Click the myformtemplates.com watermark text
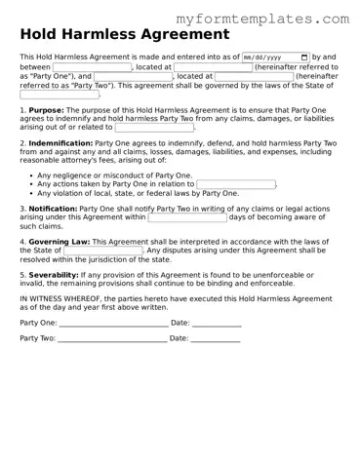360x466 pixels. coord(261,19)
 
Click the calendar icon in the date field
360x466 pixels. coord(304,58)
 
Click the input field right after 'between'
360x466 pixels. coord(92,67)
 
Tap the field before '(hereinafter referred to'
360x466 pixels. coord(213,67)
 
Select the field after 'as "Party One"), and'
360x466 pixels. coord(134,76)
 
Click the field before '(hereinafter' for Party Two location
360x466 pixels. coord(254,76)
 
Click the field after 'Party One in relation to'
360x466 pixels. coord(235,184)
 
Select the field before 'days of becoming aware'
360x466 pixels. coord(186,217)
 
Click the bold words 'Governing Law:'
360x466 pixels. coord(60,241)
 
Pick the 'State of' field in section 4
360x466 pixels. coord(102,251)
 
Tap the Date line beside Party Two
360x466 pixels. coord(216,339)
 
